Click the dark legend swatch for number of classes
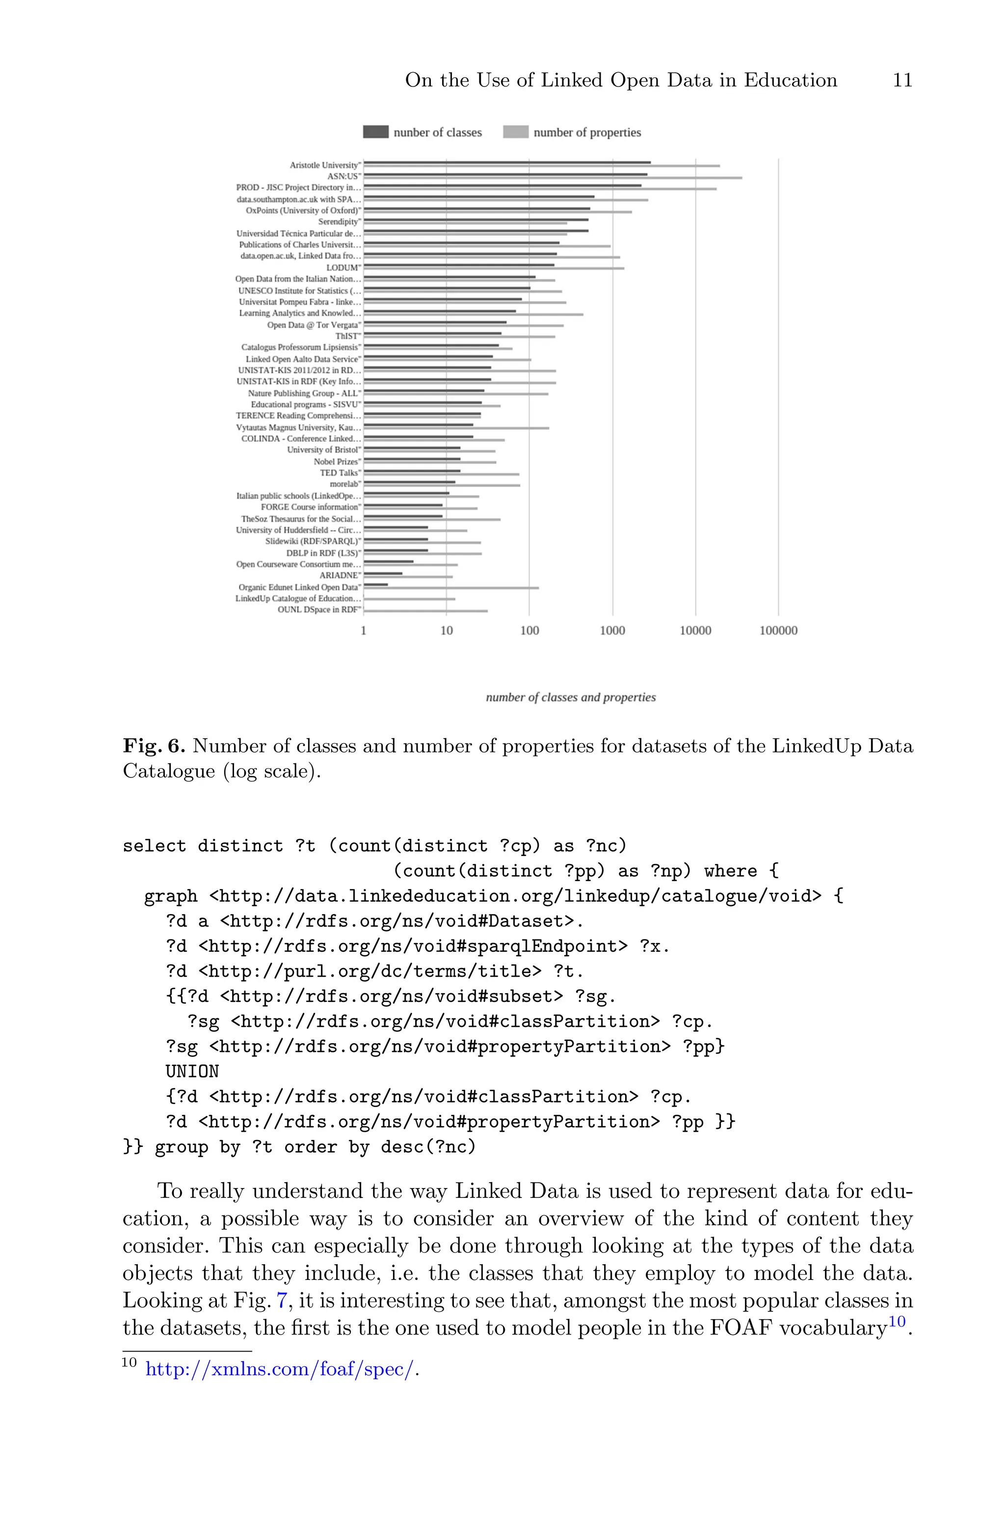(375, 132)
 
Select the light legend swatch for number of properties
(515, 132)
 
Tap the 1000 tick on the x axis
(612, 631)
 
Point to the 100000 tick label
(778, 631)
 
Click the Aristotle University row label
(324, 165)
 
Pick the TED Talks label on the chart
(339, 472)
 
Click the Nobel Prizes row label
(337, 461)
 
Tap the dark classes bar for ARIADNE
(383, 573)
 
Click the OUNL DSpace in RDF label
(318, 610)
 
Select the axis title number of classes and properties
(570, 697)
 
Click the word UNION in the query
(192, 1072)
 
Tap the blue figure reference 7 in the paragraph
(281, 1301)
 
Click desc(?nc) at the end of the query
(428, 1147)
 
